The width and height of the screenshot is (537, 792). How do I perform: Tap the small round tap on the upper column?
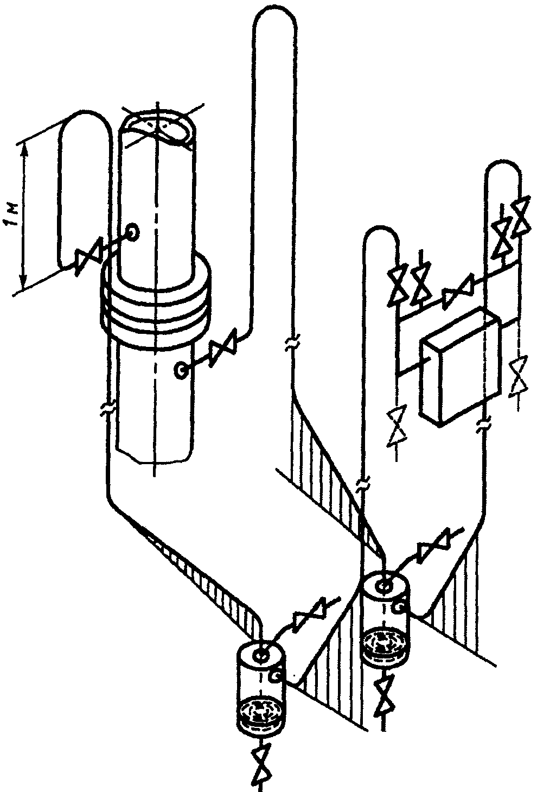133,232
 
